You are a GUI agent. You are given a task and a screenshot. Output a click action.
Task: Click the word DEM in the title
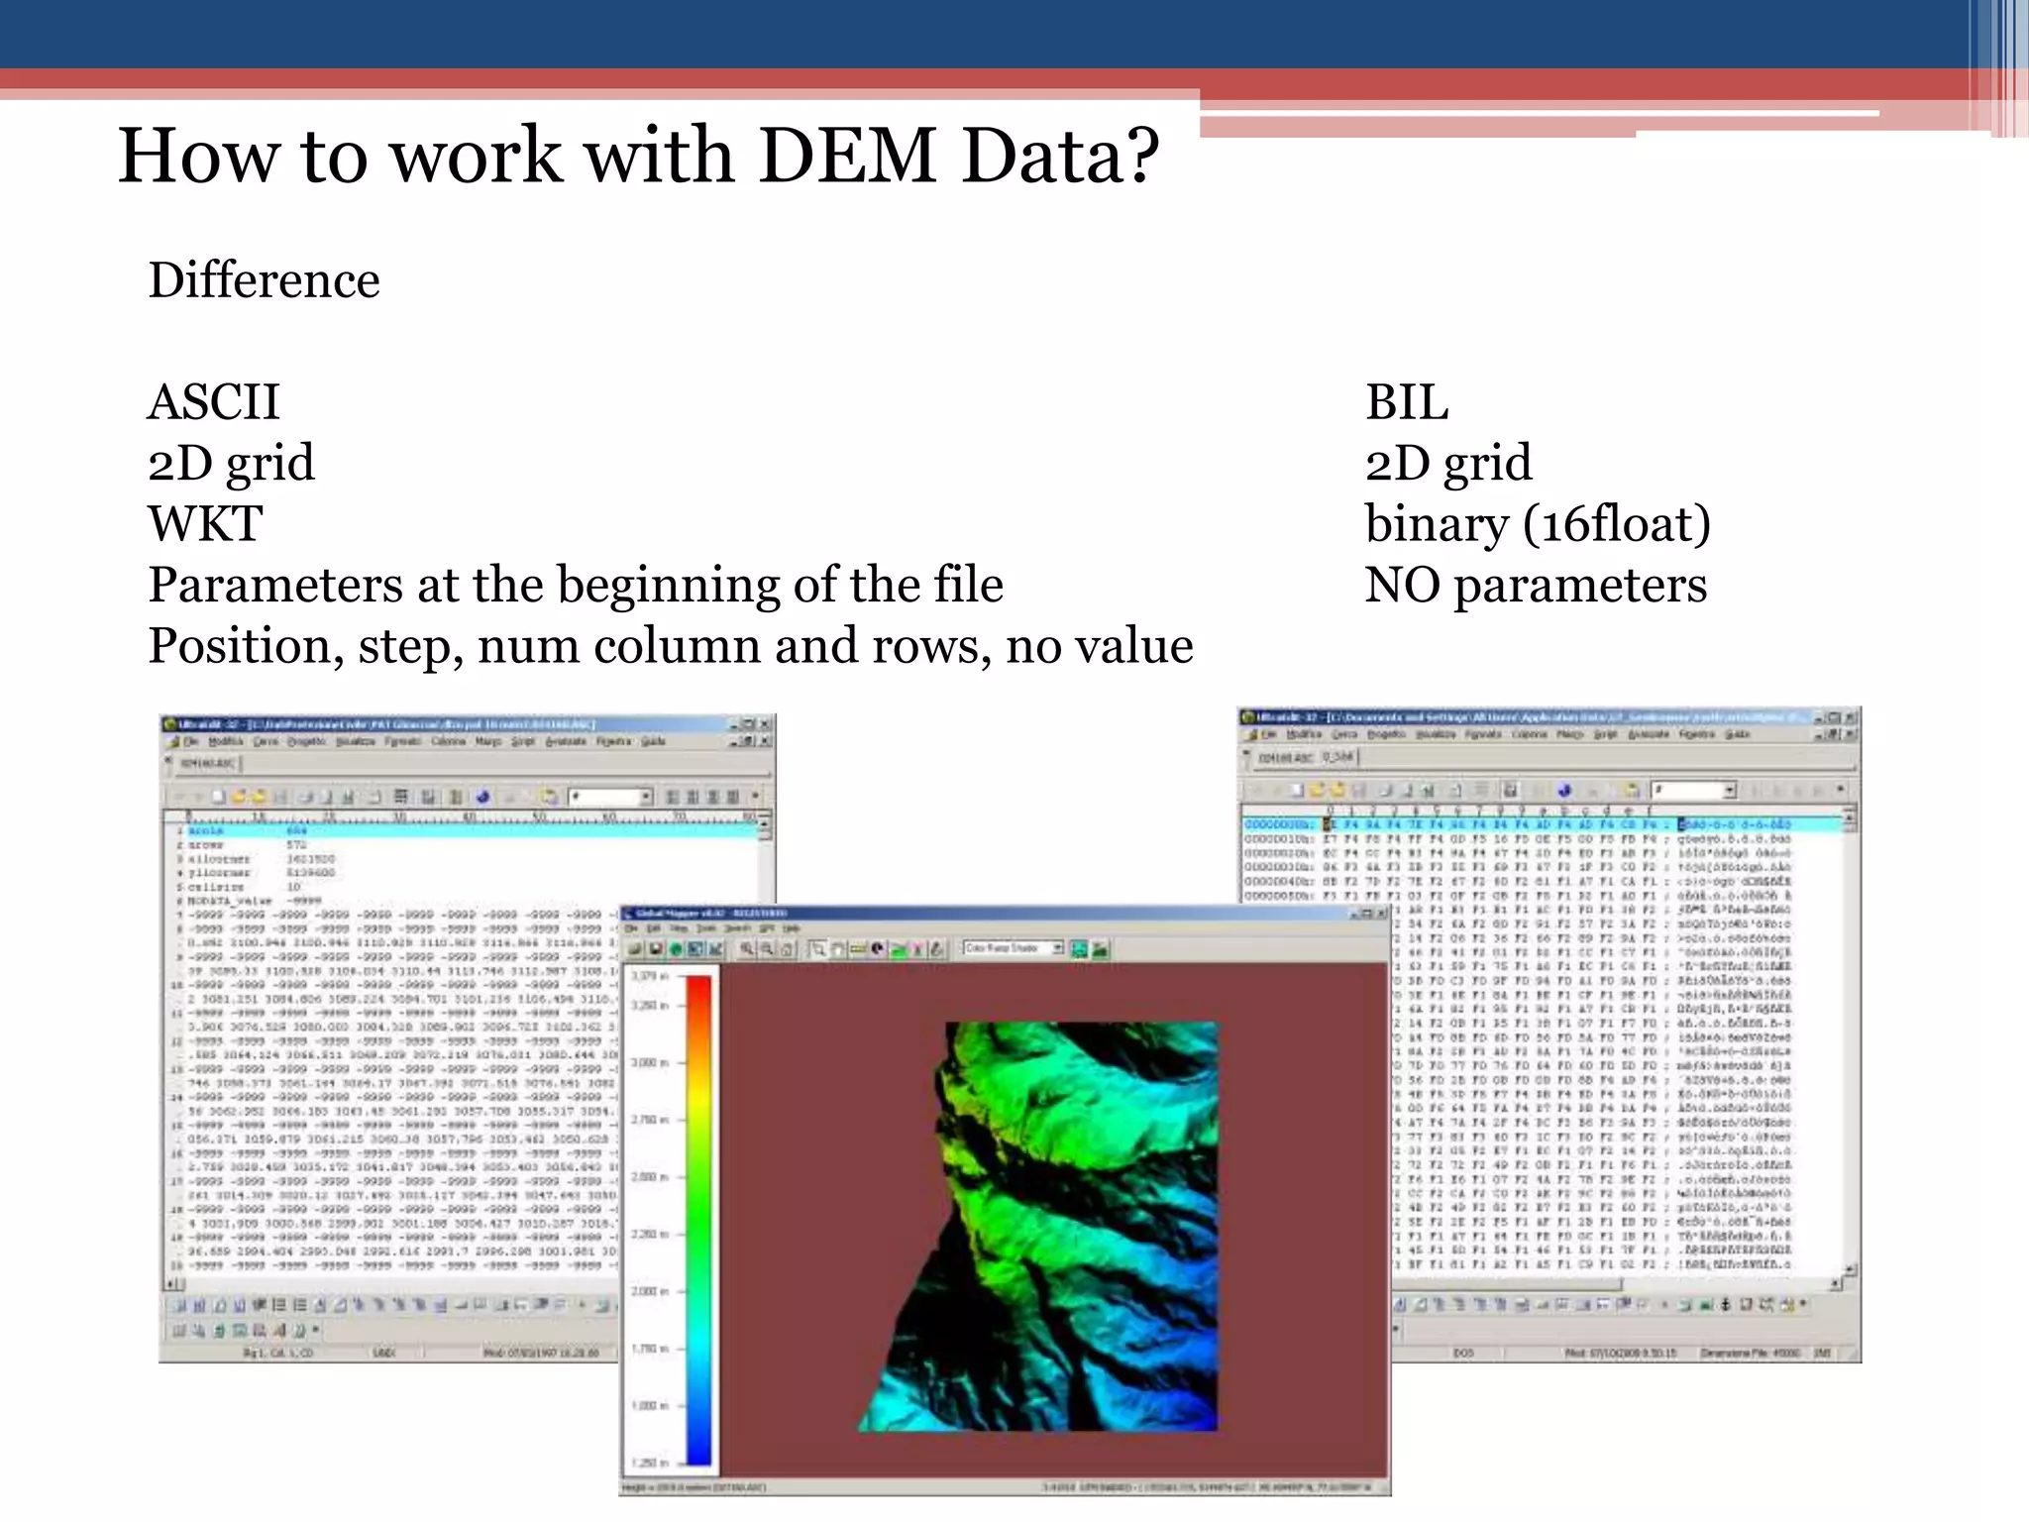point(847,156)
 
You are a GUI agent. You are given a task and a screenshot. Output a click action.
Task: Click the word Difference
point(264,280)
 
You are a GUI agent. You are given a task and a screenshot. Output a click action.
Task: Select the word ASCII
point(214,402)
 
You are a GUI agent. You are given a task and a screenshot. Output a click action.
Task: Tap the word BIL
point(1406,402)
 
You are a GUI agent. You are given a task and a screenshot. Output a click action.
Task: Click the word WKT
point(205,524)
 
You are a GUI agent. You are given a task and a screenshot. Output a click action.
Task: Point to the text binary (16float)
point(1537,524)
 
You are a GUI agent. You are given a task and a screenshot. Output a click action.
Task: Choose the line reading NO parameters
point(1535,585)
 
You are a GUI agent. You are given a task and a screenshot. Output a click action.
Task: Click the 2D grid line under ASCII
point(231,463)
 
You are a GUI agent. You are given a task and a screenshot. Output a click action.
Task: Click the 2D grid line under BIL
point(1447,463)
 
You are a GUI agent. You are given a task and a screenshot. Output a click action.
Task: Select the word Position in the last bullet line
point(239,646)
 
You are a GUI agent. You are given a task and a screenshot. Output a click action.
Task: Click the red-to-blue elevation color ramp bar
point(698,1220)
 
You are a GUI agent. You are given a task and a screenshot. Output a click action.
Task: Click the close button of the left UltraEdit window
point(765,724)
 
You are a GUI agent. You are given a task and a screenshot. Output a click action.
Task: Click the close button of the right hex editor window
point(1851,716)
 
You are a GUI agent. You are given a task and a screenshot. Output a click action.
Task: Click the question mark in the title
point(1138,156)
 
